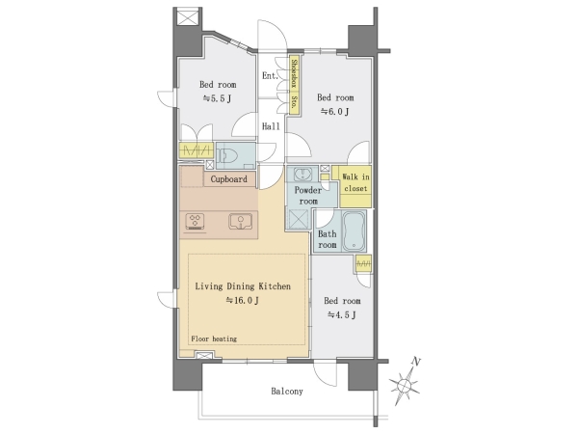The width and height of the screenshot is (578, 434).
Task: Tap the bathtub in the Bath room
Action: [x=354, y=231]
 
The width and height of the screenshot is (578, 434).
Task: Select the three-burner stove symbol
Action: [x=195, y=222]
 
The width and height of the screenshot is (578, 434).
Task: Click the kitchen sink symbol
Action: [x=240, y=222]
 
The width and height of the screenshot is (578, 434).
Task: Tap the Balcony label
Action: [x=287, y=392]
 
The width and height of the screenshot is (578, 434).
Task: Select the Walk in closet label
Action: [x=355, y=182]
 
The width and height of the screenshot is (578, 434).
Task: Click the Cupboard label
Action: [x=228, y=179]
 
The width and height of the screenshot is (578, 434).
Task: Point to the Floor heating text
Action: [x=214, y=339]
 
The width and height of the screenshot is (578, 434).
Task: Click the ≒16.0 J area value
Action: [x=242, y=300]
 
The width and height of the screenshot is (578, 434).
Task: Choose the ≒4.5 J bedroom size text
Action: [x=342, y=314]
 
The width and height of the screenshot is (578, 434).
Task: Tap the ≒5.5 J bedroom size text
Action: [x=217, y=98]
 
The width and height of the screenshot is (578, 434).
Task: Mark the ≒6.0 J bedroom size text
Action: [x=334, y=111]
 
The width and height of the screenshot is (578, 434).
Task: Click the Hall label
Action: [x=271, y=126]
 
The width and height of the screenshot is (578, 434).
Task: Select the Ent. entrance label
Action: [x=270, y=75]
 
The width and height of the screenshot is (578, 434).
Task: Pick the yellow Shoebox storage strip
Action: [x=294, y=86]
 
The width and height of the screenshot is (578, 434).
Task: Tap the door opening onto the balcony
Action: [x=326, y=373]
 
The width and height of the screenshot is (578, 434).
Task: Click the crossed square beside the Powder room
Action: [x=297, y=220]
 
